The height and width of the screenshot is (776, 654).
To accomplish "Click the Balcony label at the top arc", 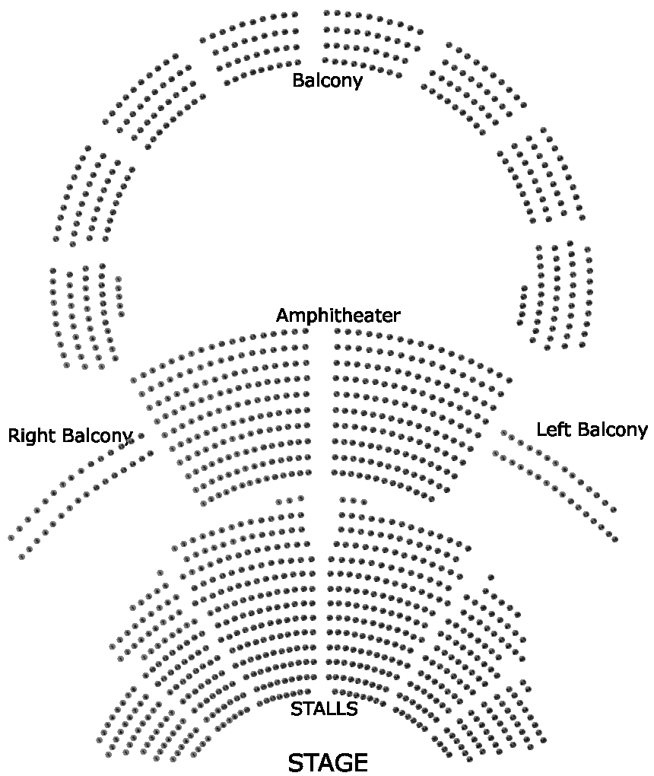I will point(327,80).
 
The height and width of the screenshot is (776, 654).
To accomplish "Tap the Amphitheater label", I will point(338,315).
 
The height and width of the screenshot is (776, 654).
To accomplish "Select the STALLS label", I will point(324,709).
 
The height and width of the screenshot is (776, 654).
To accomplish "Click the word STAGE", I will point(328,762).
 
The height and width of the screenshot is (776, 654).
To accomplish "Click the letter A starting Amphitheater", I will point(282,315).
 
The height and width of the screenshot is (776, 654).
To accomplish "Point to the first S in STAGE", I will point(296,762).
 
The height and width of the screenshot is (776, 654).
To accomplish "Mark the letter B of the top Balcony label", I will point(297,80).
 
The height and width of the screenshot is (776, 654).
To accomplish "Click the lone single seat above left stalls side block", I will point(160,572).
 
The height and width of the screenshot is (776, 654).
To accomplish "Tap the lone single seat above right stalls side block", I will point(491,577).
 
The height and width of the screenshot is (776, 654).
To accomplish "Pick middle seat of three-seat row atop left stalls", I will point(290,501).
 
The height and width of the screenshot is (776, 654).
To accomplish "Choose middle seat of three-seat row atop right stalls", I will point(353,501).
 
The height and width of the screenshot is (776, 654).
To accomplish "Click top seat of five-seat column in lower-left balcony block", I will point(118,279).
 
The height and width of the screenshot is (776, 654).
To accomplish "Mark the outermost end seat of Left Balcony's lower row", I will point(614,539).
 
